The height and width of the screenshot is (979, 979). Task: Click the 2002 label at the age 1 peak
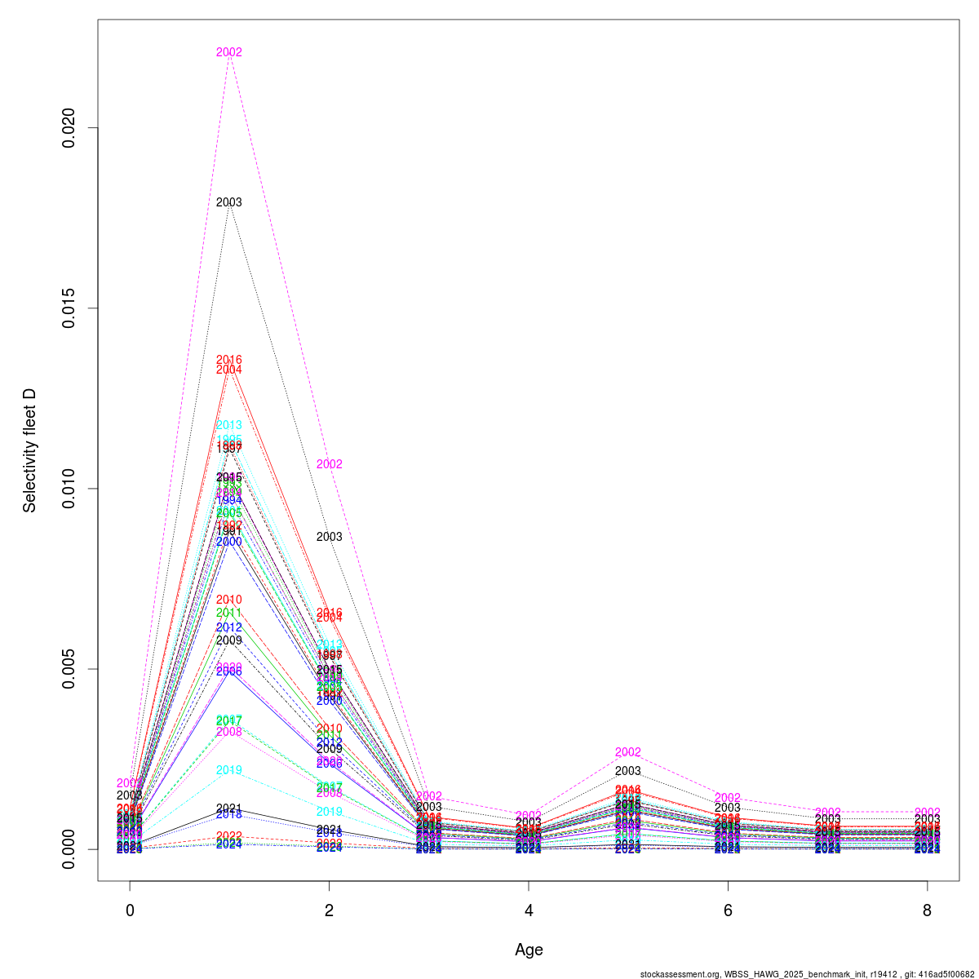point(229,52)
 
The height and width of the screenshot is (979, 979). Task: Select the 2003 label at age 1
point(229,202)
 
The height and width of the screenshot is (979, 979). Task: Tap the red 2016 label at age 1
point(229,360)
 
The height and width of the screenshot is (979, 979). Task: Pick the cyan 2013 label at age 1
point(229,425)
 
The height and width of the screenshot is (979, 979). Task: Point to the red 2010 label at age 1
point(229,600)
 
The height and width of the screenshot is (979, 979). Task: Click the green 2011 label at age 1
point(229,613)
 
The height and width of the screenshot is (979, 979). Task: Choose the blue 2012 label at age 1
point(229,627)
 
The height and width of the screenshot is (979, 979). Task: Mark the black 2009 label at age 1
point(229,640)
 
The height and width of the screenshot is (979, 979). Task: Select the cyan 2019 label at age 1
point(229,770)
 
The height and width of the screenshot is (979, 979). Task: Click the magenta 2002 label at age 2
point(329,464)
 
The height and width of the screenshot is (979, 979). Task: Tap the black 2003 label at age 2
point(329,537)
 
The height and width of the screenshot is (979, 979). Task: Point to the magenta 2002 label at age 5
point(628,752)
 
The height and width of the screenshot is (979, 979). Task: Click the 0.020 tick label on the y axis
point(72,128)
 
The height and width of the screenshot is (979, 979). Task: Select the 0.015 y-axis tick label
point(72,308)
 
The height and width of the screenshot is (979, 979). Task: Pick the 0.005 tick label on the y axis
point(72,669)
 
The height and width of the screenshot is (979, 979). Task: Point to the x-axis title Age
point(529,950)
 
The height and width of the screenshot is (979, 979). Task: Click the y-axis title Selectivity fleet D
point(30,450)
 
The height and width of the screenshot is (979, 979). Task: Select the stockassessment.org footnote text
point(808,973)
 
